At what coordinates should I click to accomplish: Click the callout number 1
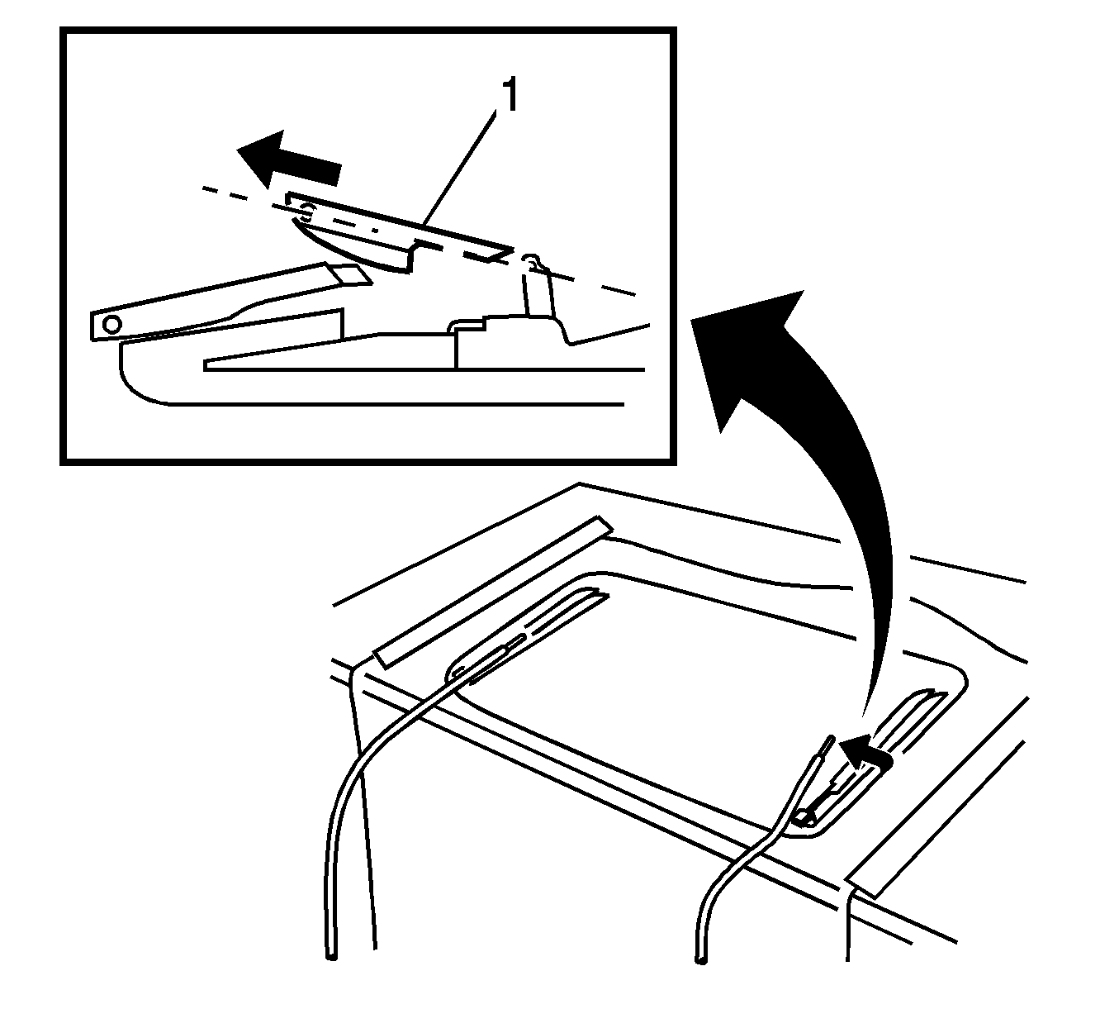coord(510,96)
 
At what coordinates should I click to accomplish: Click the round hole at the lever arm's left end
coord(112,324)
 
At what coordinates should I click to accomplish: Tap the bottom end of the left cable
coord(331,956)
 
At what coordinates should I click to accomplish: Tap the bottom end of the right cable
coord(701,959)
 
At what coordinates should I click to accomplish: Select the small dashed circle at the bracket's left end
coord(306,212)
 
